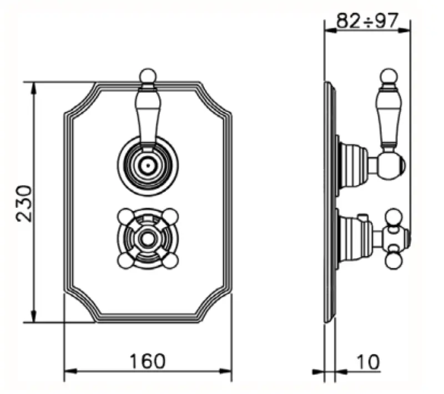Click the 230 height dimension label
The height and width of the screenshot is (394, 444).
tap(25, 203)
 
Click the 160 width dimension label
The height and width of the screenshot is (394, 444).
tap(148, 361)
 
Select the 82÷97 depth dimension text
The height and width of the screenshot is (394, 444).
tap(368, 21)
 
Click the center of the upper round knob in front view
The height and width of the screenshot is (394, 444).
tap(147, 164)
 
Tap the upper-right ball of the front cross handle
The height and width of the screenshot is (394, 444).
tap(171, 216)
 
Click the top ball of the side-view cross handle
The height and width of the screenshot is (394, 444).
tap(394, 216)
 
